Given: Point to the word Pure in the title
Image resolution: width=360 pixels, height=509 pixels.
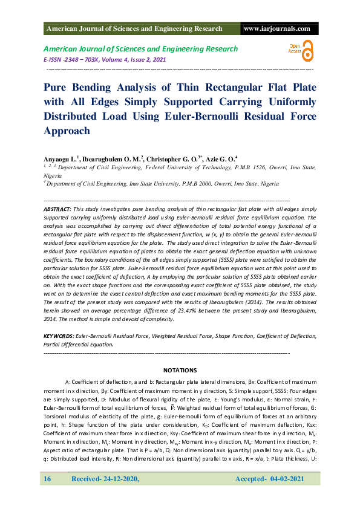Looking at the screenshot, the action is [x=57, y=87].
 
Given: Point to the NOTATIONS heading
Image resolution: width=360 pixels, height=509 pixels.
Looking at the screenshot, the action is [x=180, y=370].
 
